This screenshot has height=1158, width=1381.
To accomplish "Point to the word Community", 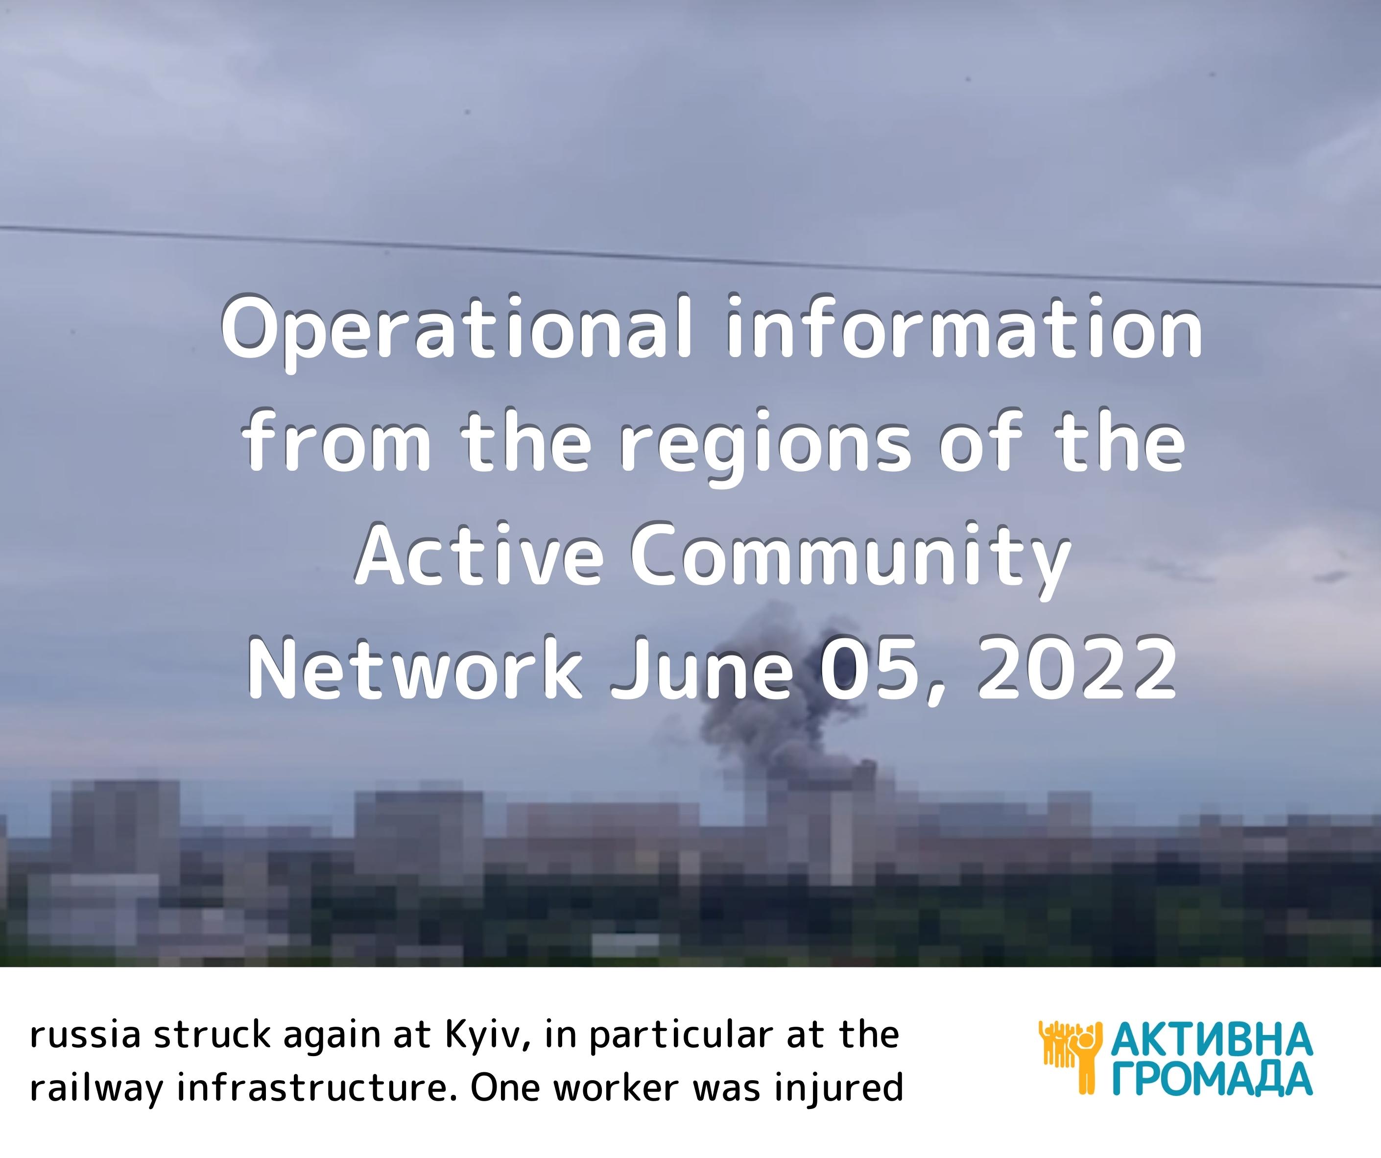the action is tap(850, 559).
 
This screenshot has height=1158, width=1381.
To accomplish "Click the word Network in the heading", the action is tap(415, 668).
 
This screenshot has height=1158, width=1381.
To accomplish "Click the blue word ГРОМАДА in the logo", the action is tap(1212, 1079).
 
